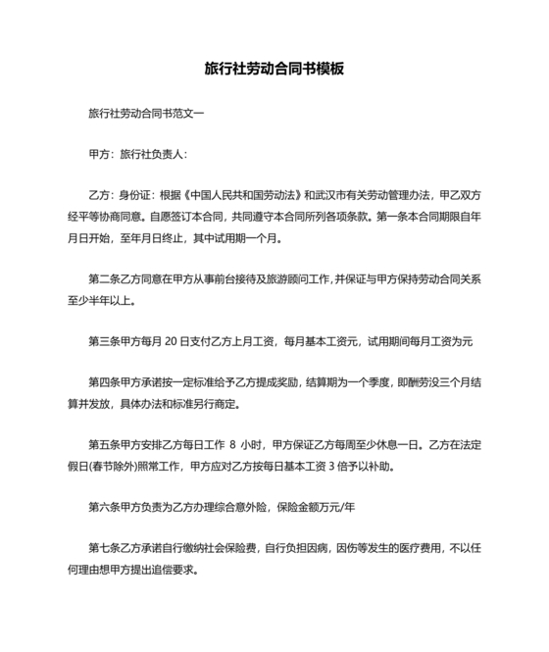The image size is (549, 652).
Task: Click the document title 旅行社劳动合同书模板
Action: (274, 70)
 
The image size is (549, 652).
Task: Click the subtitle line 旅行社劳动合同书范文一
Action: (146, 113)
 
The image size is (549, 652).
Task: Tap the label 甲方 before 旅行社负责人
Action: (99, 154)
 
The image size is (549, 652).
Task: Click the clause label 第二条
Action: (103, 278)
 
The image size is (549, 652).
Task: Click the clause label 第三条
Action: (103, 342)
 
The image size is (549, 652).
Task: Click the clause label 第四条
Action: (103, 383)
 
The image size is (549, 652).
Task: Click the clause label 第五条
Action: (103, 446)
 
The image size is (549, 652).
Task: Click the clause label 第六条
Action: (103, 509)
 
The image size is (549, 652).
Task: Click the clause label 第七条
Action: (103, 550)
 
